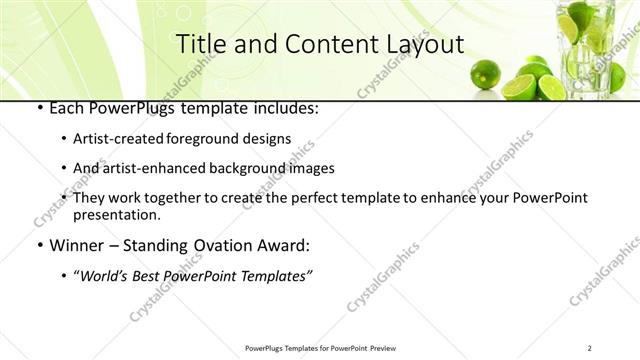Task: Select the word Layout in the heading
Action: pos(424,44)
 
